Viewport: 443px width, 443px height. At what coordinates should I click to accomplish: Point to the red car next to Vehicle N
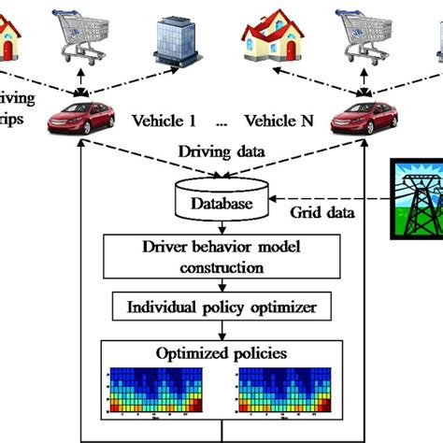coord(360,119)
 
